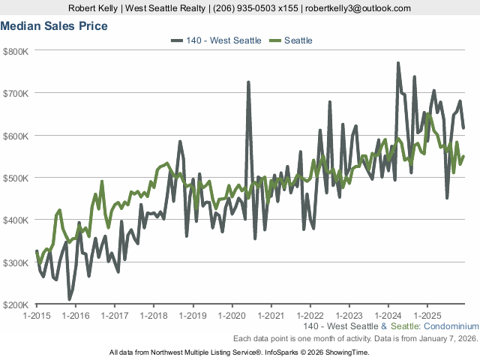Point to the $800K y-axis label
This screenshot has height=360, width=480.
coord(15,51)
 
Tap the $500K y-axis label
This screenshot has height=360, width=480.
coord(15,178)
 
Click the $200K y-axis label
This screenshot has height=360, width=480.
coord(15,304)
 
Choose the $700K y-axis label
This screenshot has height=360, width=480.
coord(15,93)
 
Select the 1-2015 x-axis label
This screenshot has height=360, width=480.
coord(36,315)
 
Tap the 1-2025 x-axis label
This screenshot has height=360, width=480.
coord(427,315)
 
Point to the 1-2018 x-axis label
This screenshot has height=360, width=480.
coord(153,315)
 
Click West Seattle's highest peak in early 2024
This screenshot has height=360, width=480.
coord(398,63)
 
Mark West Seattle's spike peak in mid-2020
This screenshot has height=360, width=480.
coord(248,82)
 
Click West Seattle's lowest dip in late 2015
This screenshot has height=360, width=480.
coord(70,299)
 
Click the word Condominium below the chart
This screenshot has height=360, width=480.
coord(450,327)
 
